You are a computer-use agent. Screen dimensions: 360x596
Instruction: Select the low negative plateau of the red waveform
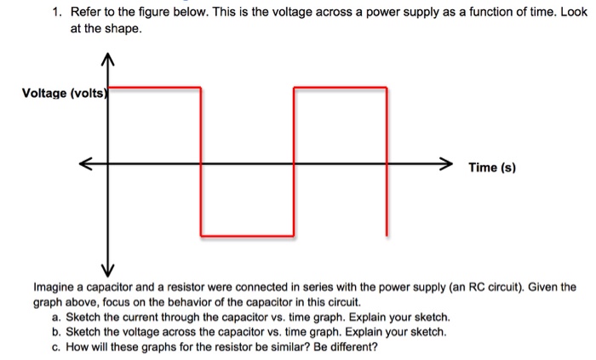coord(247,235)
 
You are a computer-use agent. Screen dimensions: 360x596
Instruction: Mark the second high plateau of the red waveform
coord(340,86)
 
